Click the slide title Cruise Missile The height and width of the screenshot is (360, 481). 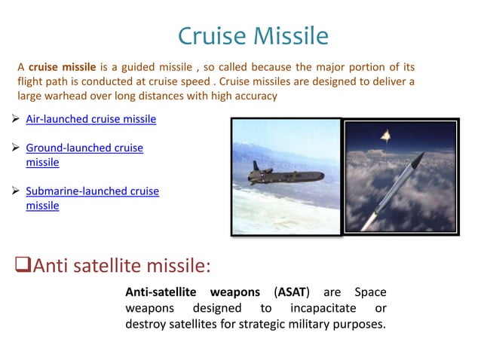click(253, 35)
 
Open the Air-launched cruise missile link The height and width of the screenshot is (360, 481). click(90, 119)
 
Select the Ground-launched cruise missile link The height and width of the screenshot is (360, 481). click(84, 148)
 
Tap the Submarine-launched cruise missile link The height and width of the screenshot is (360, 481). click(92, 191)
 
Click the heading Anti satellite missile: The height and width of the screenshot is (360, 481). click(121, 265)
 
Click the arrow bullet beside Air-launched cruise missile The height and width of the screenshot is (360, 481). click(17, 119)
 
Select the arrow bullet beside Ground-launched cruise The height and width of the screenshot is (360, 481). click(17, 148)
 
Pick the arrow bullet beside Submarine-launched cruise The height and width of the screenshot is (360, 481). click(17, 191)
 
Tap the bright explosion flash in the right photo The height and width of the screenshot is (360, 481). click(386, 135)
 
